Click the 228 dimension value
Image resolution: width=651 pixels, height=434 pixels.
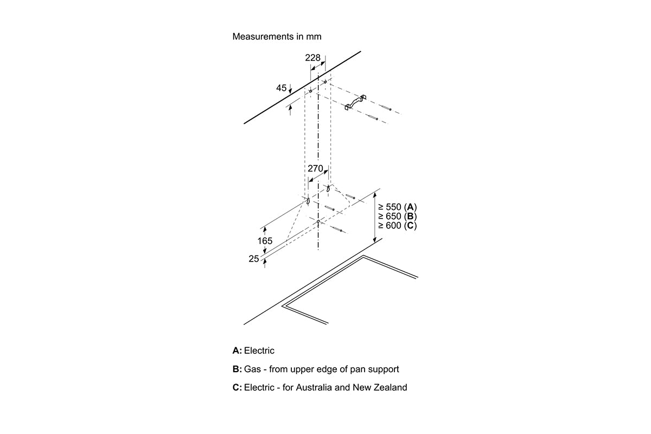(312, 58)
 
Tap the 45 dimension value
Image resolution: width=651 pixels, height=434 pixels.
(281, 88)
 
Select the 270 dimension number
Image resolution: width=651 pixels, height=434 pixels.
(315, 169)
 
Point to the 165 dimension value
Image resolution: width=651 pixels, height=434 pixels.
(265, 240)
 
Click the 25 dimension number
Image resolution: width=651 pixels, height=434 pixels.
(254, 259)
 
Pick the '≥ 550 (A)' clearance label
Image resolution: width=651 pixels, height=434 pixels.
(397, 207)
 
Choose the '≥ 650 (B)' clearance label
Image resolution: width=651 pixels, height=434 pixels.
(397, 216)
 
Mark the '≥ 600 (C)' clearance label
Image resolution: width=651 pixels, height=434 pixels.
(397, 225)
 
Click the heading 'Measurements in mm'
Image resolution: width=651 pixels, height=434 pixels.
(277, 37)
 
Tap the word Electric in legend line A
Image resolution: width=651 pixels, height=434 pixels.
(259, 351)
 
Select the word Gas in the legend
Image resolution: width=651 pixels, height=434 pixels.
(252, 369)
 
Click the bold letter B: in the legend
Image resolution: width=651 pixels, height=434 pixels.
(237, 369)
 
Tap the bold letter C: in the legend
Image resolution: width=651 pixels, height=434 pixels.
(237, 388)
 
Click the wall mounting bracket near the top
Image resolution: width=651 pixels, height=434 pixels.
(355, 103)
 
